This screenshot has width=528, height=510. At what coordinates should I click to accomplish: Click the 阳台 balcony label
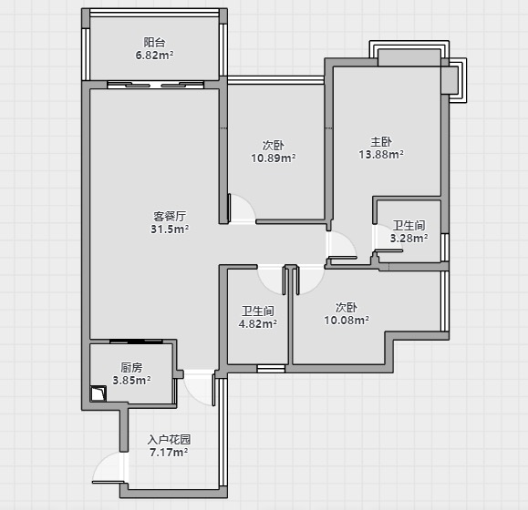(x=154, y=43)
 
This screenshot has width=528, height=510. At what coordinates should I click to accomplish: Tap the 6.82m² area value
(x=154, y=55)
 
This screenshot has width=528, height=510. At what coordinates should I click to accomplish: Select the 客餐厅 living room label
(x=170, y=216)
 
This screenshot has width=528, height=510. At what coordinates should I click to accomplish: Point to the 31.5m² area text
(x=170, y=229)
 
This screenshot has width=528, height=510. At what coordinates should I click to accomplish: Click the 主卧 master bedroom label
(x=381, y=141)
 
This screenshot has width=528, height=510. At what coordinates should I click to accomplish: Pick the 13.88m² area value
(x=381, y=154)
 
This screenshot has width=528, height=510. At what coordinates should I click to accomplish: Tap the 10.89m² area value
(x=274, y=158)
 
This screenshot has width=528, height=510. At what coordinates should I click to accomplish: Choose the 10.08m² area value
(x=347, y=320)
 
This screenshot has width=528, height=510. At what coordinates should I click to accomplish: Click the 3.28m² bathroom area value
(x=409, y=238)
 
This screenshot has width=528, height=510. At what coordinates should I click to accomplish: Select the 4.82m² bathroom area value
(x=258, y=323)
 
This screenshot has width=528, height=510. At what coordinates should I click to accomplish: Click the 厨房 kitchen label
(x=131, y=367)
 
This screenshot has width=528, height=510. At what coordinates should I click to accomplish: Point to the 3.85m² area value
(x=131, y=381)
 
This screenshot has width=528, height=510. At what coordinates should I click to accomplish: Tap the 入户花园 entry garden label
(x=169, y=439)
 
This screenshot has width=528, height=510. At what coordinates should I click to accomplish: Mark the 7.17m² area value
(x=169, y=453)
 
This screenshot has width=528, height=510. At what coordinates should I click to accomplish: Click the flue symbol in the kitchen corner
(x=98, y=393)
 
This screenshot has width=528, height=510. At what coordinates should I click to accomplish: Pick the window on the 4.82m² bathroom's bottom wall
(x=271, y=369)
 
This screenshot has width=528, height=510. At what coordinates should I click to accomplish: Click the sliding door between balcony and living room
(x=156, y=85)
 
